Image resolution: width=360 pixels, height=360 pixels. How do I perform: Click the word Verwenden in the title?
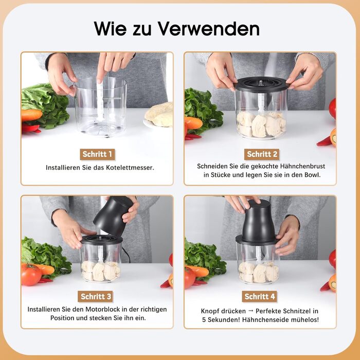point(208,28)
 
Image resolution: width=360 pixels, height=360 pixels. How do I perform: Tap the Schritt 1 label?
point(97,154)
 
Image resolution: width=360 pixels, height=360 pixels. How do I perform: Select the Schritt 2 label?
point(262,154)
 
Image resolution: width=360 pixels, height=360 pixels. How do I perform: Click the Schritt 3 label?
point(96,296)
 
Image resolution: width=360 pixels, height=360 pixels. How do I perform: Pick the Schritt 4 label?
point(259,296)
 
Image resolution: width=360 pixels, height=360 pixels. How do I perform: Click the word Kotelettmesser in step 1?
point(130,168)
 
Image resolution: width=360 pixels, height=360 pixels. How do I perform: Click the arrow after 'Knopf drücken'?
point(251,311)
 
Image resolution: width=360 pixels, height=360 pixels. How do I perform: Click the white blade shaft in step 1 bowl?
point(100,101)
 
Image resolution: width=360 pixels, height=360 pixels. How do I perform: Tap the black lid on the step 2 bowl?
point(262,84)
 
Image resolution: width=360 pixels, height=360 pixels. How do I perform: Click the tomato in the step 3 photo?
point(31,275)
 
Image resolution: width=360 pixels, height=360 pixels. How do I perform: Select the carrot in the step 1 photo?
point(32,115)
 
